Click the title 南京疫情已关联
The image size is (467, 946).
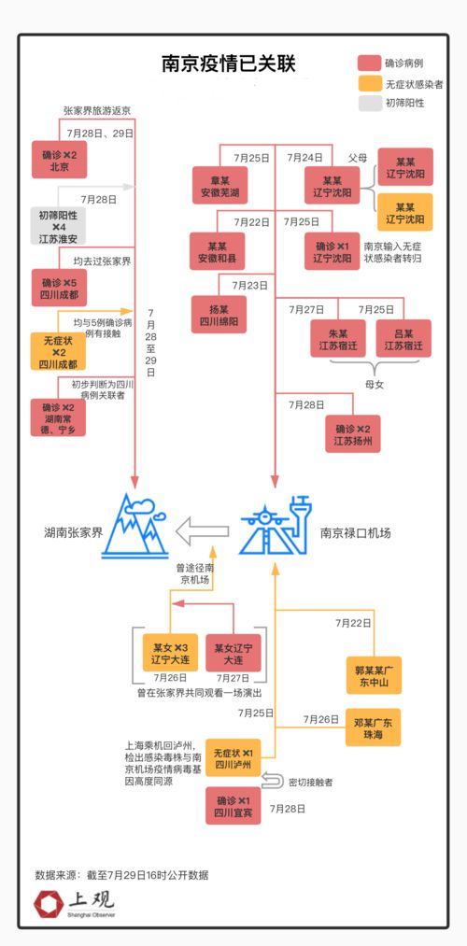click(x=228, y=64)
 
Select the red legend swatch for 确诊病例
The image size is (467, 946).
click(x=370, y=64)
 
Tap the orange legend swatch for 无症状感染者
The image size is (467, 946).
click(x=370, y=84)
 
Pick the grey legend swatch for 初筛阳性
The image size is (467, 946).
click(x=370, y=104)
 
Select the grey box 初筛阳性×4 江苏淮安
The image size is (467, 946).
click(x=59, y=227)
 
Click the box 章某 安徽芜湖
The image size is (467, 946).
click(x=219, y=187)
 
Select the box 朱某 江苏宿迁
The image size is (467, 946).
click(x=338, y=339)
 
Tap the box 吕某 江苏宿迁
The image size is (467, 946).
click(x=403, y=339)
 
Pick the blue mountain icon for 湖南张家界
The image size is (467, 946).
click(x=135, y=529)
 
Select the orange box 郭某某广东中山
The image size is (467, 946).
click(x=378, y=676)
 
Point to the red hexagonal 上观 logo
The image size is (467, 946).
click(x=48, y=904)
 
